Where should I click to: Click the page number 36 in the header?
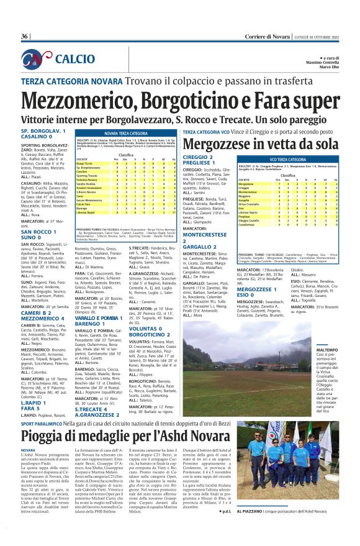click(24, 37)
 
